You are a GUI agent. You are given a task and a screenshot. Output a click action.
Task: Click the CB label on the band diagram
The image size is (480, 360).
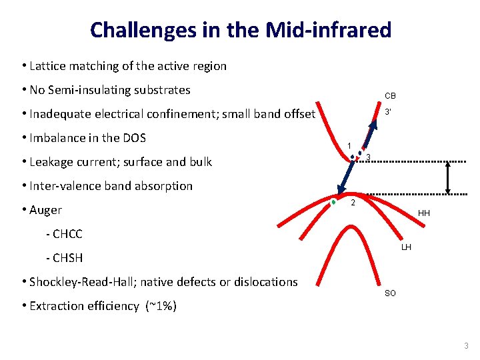(x=390, y=95)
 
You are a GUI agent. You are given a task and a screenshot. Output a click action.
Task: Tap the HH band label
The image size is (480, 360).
(x=424, y=213)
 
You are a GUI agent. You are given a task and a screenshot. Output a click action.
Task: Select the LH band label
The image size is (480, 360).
(x=406, y=247)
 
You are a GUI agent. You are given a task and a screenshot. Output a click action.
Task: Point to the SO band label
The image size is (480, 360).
(x=390, y=293)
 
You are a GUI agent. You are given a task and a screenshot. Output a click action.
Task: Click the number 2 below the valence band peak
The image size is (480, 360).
(x=353, y=203)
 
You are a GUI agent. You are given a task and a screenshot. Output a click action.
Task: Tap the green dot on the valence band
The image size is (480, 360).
(x=333, y=201)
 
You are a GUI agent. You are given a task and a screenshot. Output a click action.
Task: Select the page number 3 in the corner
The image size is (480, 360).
(x=466, y=345)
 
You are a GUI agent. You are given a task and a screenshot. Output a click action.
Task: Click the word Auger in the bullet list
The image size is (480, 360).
(x=45, y=210)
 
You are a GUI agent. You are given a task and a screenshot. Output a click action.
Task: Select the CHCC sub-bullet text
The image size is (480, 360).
(x=67, y=234)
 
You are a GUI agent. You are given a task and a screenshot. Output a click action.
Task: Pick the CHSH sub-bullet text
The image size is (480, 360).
(x=67, y=258)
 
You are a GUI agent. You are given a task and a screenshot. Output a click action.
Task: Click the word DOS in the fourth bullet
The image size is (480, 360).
(x=133, y=138)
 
